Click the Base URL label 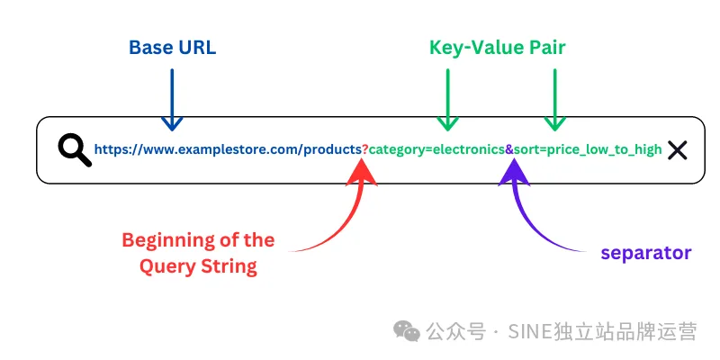(172, 48)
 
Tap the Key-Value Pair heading (498, 48)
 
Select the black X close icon (678, 149)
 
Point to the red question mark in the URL (365, 149)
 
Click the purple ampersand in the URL (509, 149)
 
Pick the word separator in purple (646, 253)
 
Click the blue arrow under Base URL (172, 100)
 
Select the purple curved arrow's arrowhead (514, 174)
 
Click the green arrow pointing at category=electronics (447, 100)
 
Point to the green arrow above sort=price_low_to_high (554, 100)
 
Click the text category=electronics (436, 149)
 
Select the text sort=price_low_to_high (588, 149)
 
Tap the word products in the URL (333, 149)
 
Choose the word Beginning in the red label (169, 240)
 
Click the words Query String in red (198, 266)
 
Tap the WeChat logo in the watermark (407, 331)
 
